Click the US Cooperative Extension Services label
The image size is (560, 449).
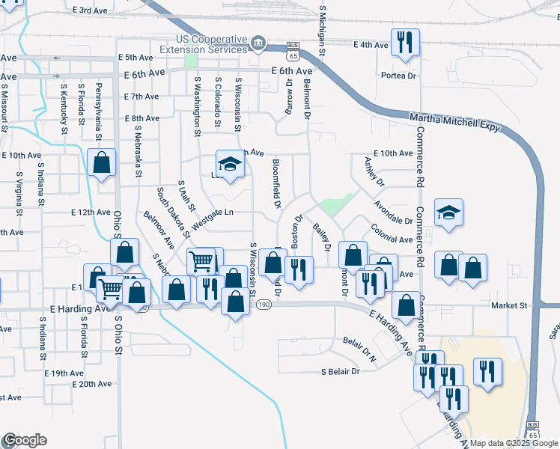pyautogui.click(x=212, y=44)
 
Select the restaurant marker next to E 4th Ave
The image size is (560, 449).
pyautogui.click(x=405, y=43)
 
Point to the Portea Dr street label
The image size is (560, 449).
pyautogui.click(x=398, y=76)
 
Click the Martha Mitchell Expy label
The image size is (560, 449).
pyautogui.click(x=454, y=123)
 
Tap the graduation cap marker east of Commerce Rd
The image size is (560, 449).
pyautogui.click(x=448, y=213)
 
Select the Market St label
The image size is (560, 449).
pyautogui.click(x=509, y=305)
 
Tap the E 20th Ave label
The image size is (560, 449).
pyautogui.click(x=92, y=384)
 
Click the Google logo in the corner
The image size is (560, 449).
pyautogui.click(x=24, y=440)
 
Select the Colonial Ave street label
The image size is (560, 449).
pyautogui.click(x=392, y=234)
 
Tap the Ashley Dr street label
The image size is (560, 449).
pyautogui.click(x=374, y=171)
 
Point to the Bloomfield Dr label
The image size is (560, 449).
pyautogui.click(x=276, y=183)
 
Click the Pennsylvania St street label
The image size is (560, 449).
pyautogui.click(x=98, y=113)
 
